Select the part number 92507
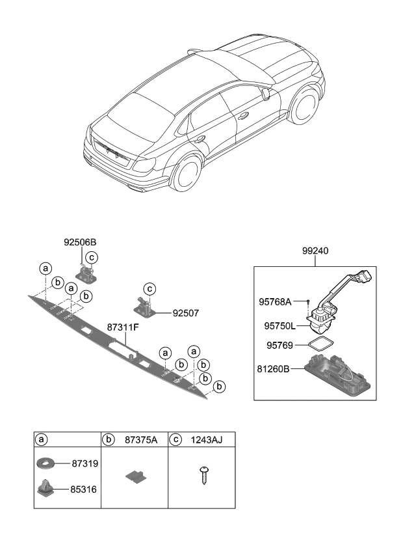[185, 312]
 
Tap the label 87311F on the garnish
[123, 327]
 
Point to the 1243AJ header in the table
[206, 441]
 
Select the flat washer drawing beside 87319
[45, 463]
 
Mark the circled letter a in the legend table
[42, 441]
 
